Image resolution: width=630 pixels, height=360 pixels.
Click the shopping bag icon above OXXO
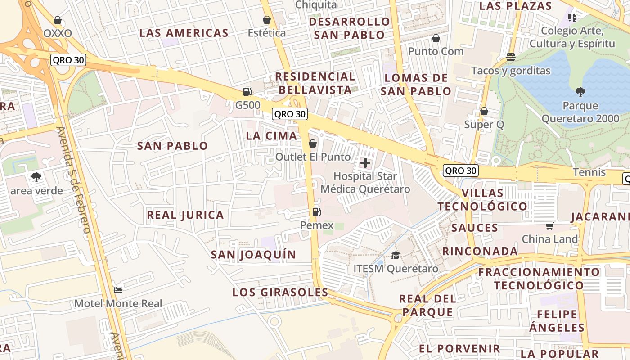(x=57, y=20)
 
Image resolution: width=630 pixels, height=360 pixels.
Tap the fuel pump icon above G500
(x=247, y=92)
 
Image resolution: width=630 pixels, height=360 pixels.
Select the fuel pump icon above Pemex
(x=316, y=211)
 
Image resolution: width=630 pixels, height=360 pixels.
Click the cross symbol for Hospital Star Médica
(x=365, y=163)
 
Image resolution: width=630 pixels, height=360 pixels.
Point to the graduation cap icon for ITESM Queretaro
(x=396, y=255)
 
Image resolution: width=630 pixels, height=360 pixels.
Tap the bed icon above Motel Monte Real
(x=118, y=290)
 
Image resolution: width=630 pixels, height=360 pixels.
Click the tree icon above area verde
(x=36, y=177)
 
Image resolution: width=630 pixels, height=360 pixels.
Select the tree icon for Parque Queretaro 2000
(x=580, y=92)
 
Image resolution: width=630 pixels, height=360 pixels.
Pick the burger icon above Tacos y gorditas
(x=510, y=57)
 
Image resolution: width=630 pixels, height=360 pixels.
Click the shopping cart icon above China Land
(x=549, y=225)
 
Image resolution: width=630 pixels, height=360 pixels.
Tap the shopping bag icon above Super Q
(x=484, y=111)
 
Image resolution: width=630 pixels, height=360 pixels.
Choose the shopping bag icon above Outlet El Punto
(x=313, y=144)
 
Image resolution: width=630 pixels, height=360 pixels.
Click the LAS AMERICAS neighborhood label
(x=184, y=33)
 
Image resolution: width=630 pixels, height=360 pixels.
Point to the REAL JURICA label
(x=185, y=215)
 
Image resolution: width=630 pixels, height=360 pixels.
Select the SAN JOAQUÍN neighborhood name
(x=254, y=255)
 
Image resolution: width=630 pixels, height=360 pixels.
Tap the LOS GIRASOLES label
(x=280, y=292)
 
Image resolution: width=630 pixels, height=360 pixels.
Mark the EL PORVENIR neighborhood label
(x=459, y=349)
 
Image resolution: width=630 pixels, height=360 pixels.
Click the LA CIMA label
(x=271, y=136)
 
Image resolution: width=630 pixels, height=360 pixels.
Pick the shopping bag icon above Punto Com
(x=436, y=38)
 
